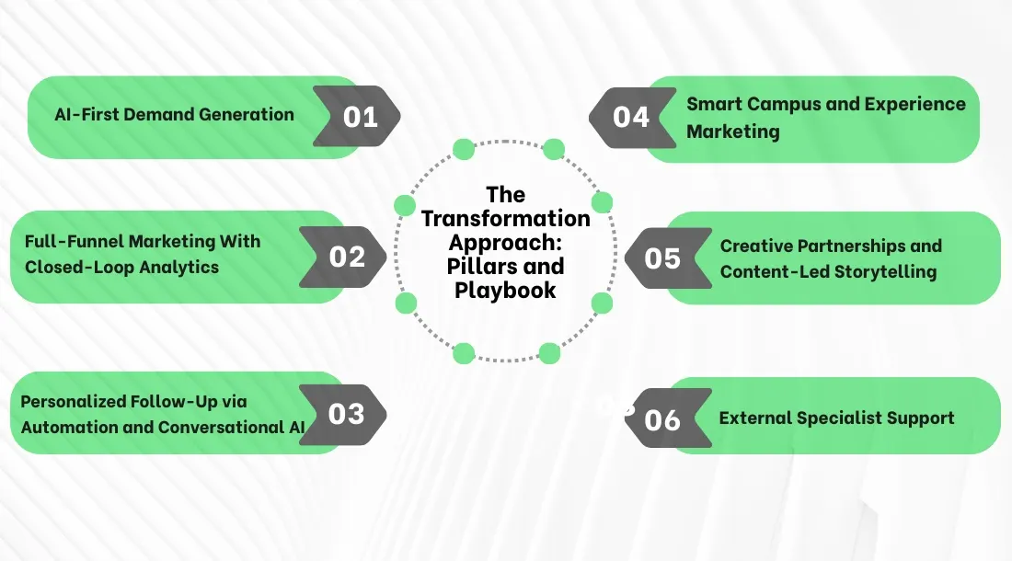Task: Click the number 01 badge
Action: pyautogui.click(x=360, y=117)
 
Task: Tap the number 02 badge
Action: pyautogui.click(x=347, y=257)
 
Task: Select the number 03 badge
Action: pyautogui.click(x=346, y=414)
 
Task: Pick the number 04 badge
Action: pyautogui.click(x=631, y=117)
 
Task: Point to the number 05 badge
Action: pyautogui.click(x=662, y=258)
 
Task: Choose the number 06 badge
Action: pyautogui.click(x=662, y=420)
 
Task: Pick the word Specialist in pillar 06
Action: pyautogui.click(x=837, y=418)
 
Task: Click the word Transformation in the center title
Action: pyautogui.click(x=506, y=219)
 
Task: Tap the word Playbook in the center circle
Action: pyautogui.click(x=506, y=291)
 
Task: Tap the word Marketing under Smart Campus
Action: pyautogui.click(x=732, y=132)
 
